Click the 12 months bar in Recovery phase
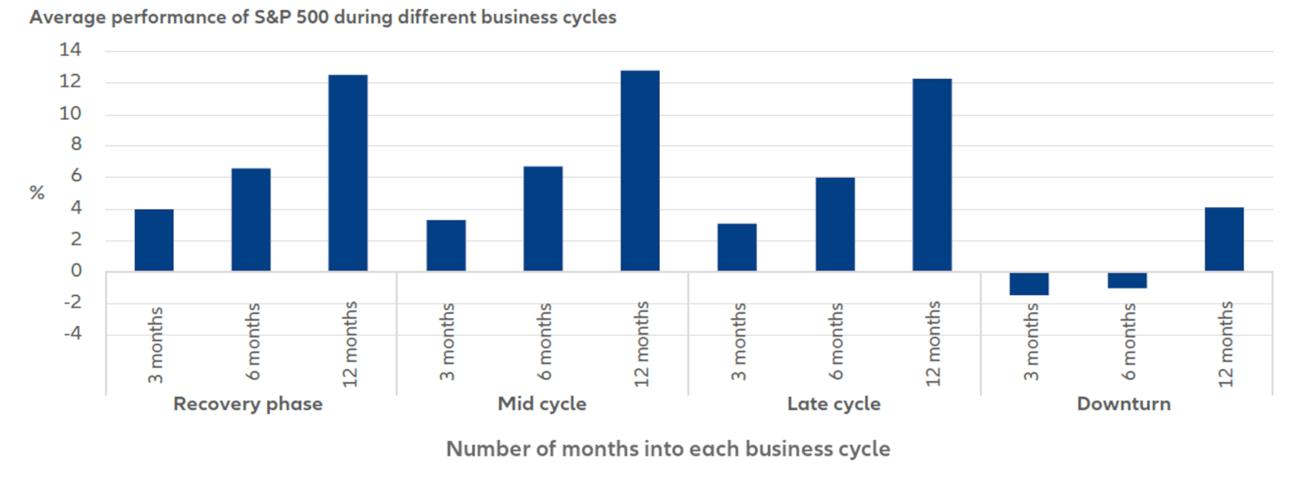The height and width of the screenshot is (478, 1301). coord(348,173)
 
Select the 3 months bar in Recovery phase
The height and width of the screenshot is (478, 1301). coord(154,240)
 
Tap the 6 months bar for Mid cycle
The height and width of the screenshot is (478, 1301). coord(543,219)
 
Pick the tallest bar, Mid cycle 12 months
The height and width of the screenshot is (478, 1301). coord(640,171)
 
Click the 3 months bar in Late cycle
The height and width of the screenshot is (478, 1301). coord(737,247)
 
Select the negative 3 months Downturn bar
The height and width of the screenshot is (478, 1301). coord(1029,284)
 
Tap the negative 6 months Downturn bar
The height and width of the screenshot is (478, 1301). coord(1127,280)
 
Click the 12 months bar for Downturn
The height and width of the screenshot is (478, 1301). coord(1224,239)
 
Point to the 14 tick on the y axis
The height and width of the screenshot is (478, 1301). coord(70,49)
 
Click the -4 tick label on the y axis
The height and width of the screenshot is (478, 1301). coord(72,333)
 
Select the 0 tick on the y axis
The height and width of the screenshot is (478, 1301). coord(76,270)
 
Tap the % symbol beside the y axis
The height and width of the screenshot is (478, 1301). coord(37,193)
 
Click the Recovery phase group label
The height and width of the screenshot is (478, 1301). coord(248,404)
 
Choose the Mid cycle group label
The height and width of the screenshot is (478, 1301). coord(542,404)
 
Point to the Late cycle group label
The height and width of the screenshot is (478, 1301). coord(833,404)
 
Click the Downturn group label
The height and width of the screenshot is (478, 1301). coord(1123,404)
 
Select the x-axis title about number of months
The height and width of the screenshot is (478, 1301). coord(667,449)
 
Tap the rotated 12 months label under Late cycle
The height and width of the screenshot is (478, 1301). coord(934,344)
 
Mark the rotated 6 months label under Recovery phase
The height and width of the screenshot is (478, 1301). coord(253,341)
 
